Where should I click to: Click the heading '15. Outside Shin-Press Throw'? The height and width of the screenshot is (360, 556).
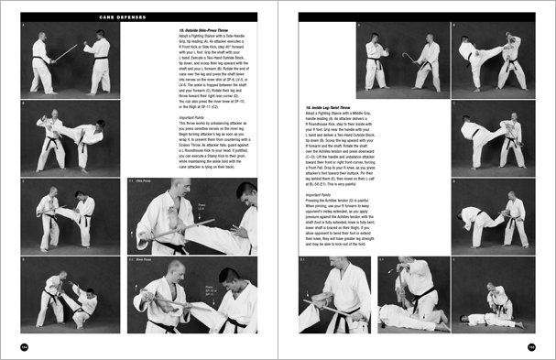pyautogui.click(x=204, y=29)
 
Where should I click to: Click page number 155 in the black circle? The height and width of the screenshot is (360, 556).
pyautogui.click(x=531, y=345)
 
